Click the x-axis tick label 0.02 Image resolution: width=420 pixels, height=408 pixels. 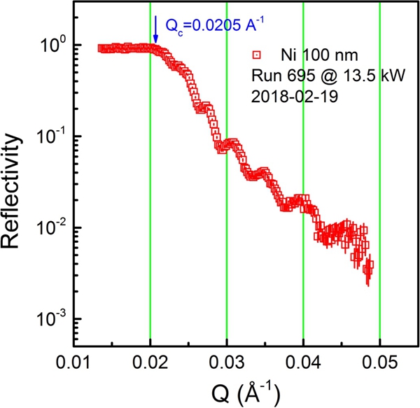150,365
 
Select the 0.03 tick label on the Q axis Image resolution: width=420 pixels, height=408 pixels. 227,365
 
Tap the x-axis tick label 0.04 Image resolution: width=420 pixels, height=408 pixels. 303,365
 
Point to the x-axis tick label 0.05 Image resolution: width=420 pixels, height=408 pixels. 379,365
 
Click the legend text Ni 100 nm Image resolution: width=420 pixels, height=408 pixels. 305,54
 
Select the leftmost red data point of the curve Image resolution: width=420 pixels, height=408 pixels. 101,48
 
